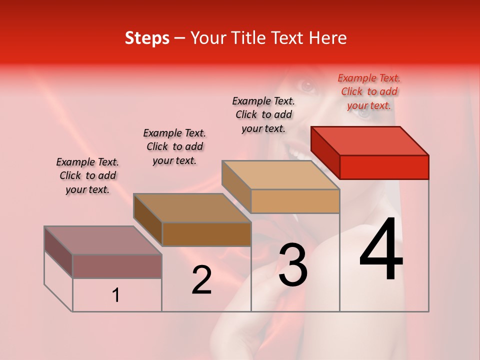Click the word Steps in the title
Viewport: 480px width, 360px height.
tap(147, 38)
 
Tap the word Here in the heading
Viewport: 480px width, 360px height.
tap(328, 38)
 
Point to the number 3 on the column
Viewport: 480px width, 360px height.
tap(293, 265)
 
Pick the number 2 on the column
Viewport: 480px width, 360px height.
tap(202, 280)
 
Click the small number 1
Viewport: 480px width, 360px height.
tap(116, 295)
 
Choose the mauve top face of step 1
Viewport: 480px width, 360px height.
tap(103, 240)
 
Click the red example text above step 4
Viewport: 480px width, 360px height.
tap(369, 91)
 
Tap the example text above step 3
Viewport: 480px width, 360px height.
tap(263, 114)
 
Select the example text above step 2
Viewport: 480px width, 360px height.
tap(174, 146)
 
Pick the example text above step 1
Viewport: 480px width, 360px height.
tap(87, 175)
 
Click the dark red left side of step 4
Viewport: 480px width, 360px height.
tap(325, 152)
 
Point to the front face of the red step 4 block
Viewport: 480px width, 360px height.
tap(384, 167)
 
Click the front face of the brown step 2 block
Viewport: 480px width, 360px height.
tap(206, 234)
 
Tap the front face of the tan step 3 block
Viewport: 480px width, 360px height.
tap(295, 201)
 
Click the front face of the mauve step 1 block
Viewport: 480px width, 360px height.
tap(117, 266)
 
